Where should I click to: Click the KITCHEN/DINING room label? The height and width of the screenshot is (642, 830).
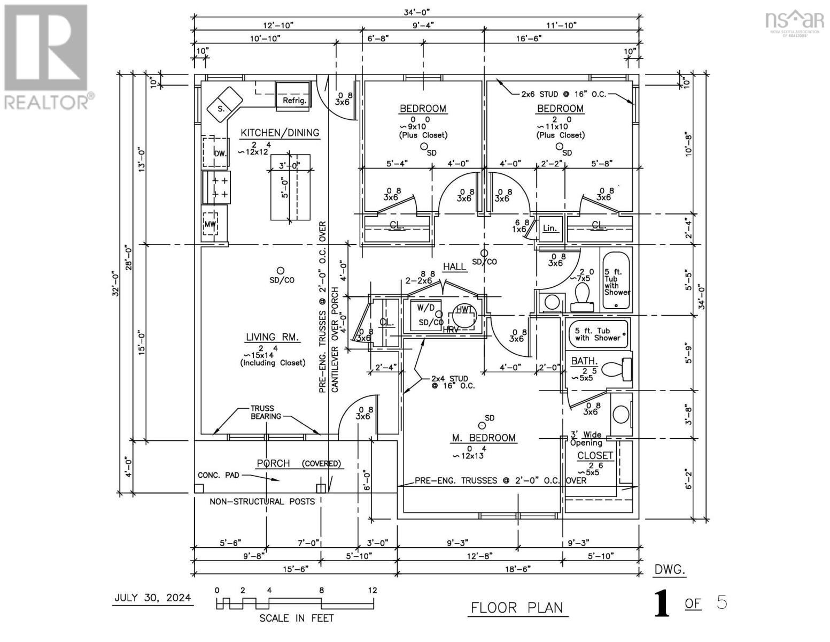pyautogui.click(x=280, y=133)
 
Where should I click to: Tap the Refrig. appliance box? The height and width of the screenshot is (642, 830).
pyautogui.click(x=293, y=97)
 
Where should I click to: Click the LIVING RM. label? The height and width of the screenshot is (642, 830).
pyautogui.click(x=272, y=337)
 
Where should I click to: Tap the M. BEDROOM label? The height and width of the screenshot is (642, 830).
pyautogui.click(x=484, y=438)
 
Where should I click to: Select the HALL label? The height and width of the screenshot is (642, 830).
pyautogui.click(x=454, y=266)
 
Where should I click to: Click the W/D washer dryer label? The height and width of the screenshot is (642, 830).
pyautogui.click(x=425, y=308)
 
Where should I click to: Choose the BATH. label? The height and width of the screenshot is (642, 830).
pyautogui.click(x=584, y=361)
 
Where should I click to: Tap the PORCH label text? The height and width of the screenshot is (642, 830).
pyautogui.click(x=273, y=463)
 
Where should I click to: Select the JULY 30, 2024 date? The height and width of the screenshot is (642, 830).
pyautogui.click(x=152, y=598)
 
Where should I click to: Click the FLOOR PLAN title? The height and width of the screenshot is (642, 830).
pyautogui.click(x=517, y=608)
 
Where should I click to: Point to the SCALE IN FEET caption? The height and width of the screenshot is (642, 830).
pyautogui.click(x=296, y=618)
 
